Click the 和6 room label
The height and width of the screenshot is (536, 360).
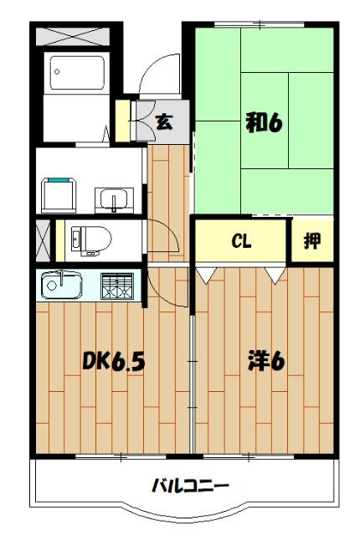[262, 122]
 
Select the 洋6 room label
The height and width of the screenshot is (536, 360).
[266, 362]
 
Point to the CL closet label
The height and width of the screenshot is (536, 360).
[241, 242]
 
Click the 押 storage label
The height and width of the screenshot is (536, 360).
[311, 242]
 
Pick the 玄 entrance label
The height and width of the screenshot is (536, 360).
[164, 121]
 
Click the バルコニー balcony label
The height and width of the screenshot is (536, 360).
[189, 485]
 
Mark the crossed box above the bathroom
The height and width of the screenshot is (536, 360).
[74, 37]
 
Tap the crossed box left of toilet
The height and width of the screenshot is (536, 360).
[43, 239]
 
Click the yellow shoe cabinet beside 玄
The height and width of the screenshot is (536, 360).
[123, 121]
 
